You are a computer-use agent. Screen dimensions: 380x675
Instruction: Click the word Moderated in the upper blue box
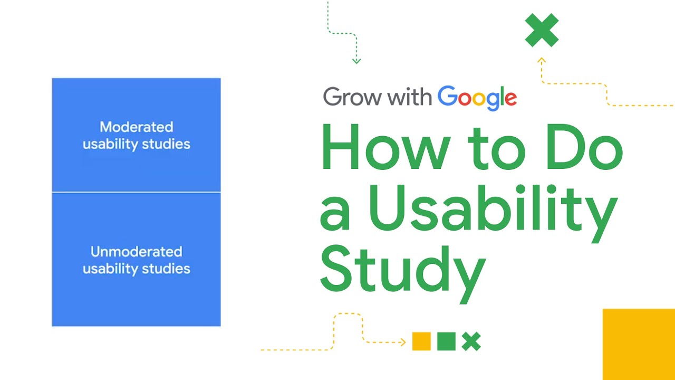(136, 127)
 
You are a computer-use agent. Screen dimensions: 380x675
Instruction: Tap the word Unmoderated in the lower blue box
(136, 252)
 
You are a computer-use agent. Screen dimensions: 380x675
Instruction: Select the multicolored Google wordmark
(477, 98)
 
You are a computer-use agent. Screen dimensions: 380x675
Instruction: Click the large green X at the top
(542, 30)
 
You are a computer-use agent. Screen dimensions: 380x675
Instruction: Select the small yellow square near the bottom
(421, 341)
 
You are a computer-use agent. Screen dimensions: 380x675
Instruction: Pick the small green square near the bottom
(446, 341)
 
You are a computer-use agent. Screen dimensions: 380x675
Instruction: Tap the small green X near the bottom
(471, 341)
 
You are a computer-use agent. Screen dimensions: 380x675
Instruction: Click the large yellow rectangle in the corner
(639, 344)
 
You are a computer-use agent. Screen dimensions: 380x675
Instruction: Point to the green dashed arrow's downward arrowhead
(356, 62)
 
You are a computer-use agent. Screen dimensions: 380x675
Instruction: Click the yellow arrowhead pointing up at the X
(541, 60)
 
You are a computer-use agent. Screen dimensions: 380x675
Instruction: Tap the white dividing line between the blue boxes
(136, 192)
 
